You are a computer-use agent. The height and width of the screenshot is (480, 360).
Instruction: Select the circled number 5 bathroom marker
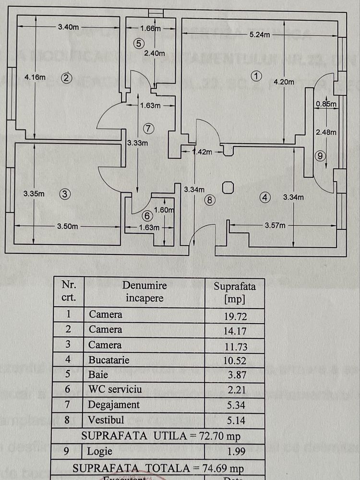coord(138,43)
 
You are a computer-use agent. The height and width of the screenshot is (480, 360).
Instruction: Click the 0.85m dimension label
coord(325,103)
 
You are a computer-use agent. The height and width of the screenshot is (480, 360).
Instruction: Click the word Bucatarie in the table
coord(109,360)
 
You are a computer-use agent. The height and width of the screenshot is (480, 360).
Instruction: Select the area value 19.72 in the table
coord(234,315)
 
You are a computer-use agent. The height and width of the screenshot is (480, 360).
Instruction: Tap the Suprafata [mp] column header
coord(234,293)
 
